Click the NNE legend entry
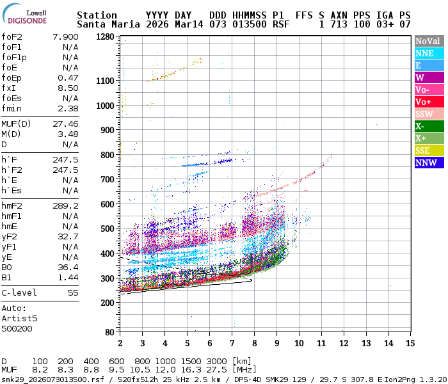428,53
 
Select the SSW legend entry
428,114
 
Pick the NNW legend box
428,163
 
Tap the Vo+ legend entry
428,102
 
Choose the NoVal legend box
428,41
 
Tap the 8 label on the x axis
254,342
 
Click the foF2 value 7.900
65,36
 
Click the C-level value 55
72,292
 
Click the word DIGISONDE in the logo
27,20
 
